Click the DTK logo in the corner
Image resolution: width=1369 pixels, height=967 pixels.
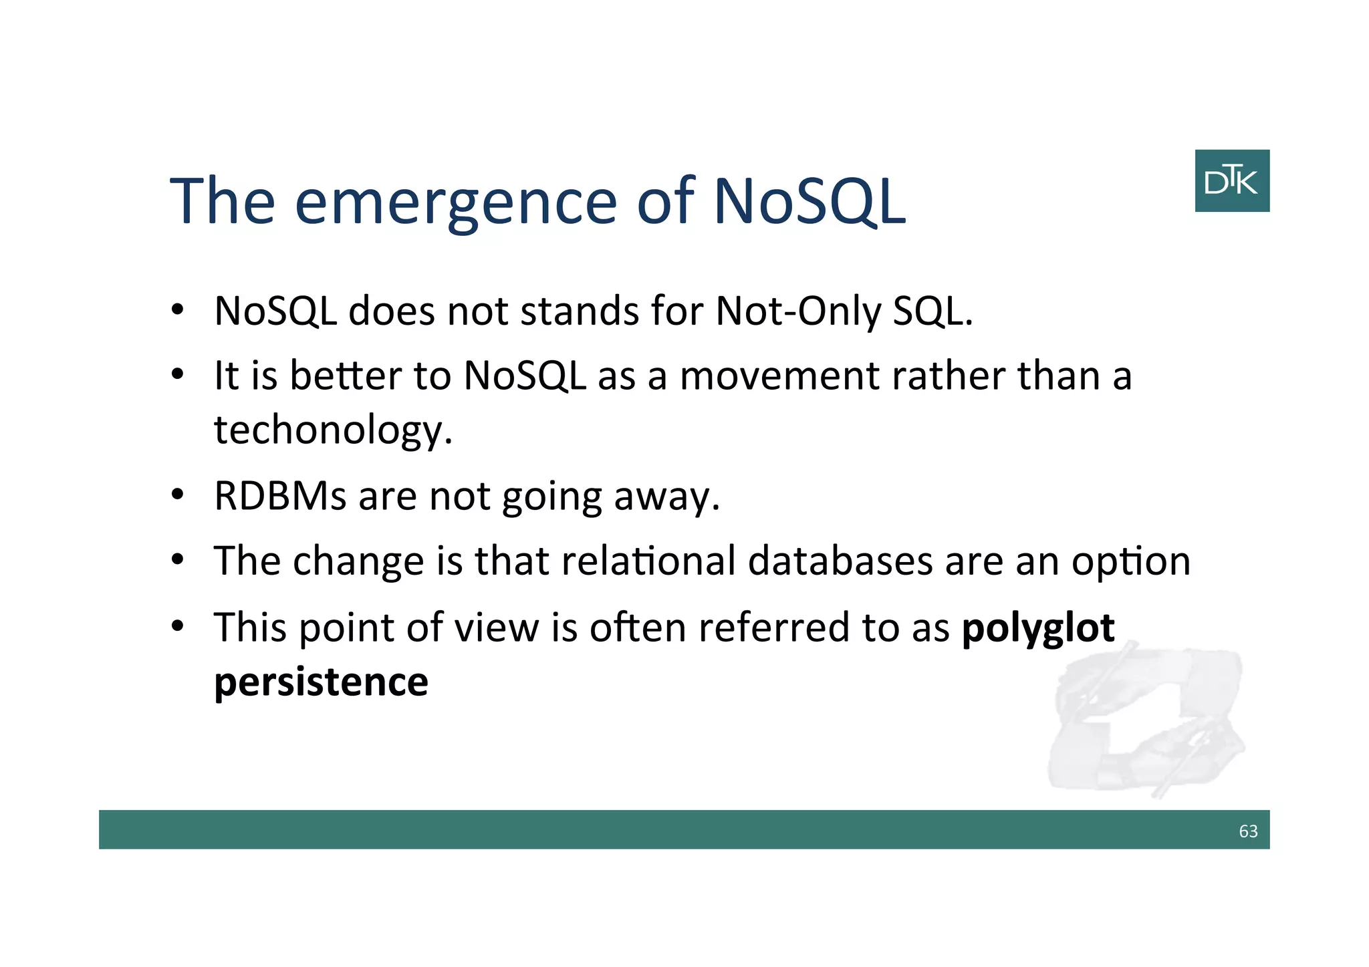1231,180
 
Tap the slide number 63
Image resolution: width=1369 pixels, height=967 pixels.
1248,831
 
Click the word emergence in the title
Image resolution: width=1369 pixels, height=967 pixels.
455,201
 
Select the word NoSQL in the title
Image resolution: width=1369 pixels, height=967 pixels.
809,201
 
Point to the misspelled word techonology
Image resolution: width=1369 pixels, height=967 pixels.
333,430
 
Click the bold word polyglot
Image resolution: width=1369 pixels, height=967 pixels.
1038,628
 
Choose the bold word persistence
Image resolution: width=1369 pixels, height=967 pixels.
321,682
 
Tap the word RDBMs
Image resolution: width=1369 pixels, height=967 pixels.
280,497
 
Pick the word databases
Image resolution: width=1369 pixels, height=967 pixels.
840,561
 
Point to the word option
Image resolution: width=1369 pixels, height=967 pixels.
1131,562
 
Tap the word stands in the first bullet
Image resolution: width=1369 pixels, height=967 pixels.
580,311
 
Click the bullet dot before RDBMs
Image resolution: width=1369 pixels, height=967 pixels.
177,496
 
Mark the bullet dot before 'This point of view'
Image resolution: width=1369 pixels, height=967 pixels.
177,627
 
